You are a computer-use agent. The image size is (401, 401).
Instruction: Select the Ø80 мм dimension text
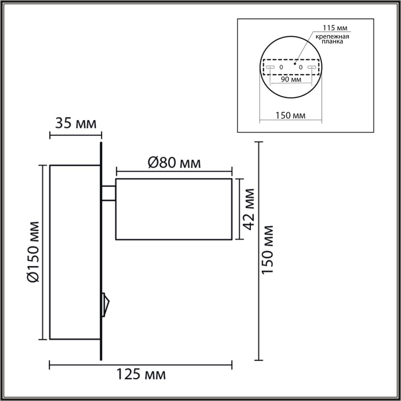(x=174, y=163)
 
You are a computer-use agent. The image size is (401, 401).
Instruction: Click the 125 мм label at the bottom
(x=141, y=375)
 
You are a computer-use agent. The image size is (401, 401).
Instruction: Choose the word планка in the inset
(x=333, y=42)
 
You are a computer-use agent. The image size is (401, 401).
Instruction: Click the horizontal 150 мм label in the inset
(x=291, y=115)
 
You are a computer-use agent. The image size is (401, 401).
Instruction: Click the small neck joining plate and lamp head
(x=109, y=192)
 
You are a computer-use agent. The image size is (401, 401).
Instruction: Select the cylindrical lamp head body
(x=174, y=209)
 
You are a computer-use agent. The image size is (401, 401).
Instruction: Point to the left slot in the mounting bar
(x=270, y=67)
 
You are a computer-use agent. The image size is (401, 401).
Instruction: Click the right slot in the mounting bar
(x=312, y=67)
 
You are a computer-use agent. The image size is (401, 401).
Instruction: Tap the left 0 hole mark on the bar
(x=281, y=67)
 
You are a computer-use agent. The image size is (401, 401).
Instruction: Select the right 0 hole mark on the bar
(x=300, y=67)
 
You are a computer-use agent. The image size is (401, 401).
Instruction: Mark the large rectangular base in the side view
(x=75, y=252)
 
